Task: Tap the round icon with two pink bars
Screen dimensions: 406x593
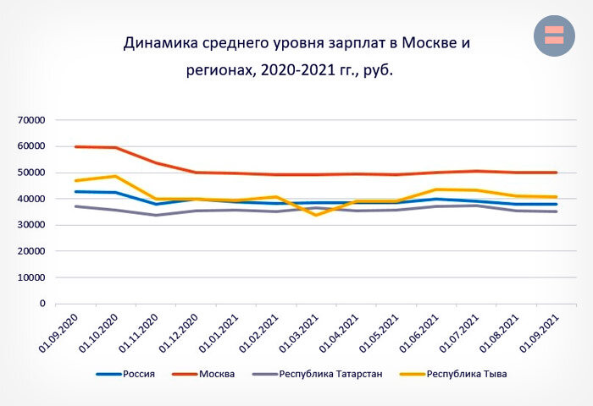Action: point(554,36)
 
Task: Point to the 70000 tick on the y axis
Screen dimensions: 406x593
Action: point(30,120)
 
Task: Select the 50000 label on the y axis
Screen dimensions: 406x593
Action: point(30,173)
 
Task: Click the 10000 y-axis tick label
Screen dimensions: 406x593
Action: point(30,277)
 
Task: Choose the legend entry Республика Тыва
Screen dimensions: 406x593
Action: point(466,373)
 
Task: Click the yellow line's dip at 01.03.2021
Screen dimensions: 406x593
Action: point(316,215)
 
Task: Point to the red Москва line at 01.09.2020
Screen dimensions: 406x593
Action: point(76,146)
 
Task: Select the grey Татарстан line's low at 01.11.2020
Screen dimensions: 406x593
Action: point(156,215)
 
